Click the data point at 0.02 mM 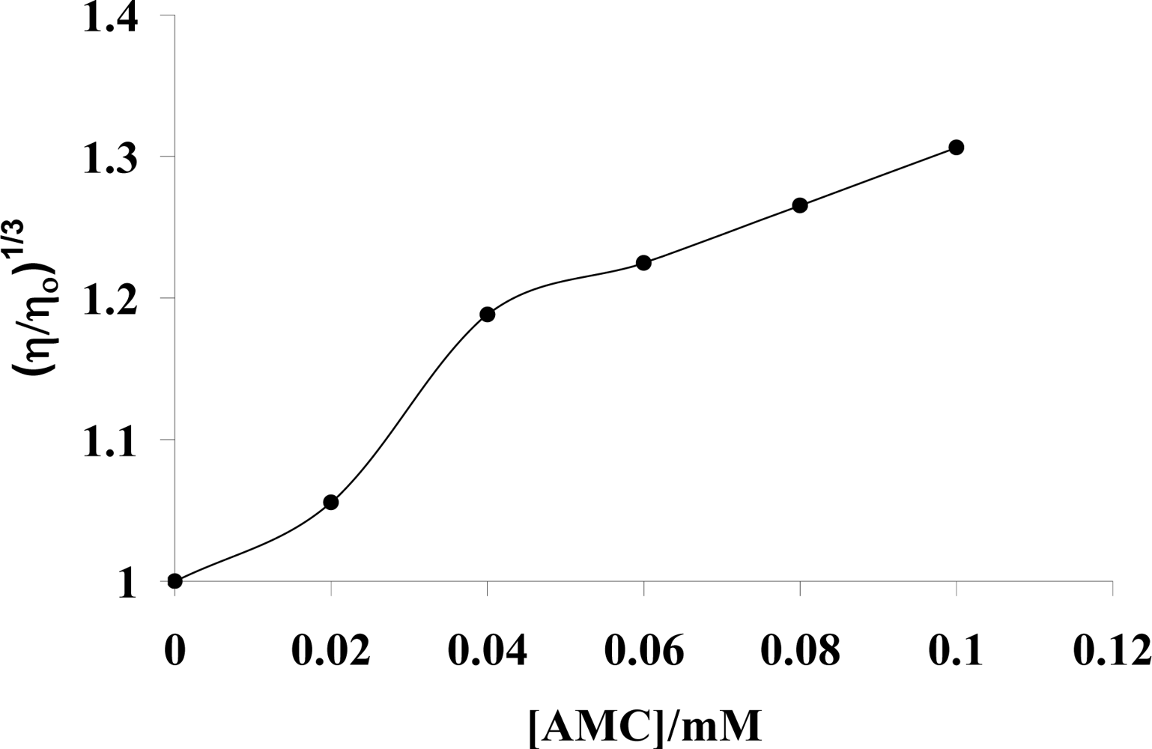330,502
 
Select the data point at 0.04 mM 487,314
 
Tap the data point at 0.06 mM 643,263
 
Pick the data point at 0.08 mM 800,205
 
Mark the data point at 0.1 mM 956,147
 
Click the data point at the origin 175,580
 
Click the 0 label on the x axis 175,650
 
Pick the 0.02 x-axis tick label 330,650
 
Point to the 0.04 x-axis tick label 487,650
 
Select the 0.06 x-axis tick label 643,650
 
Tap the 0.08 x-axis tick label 800,650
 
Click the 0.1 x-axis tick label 956,650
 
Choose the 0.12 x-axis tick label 1112,650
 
